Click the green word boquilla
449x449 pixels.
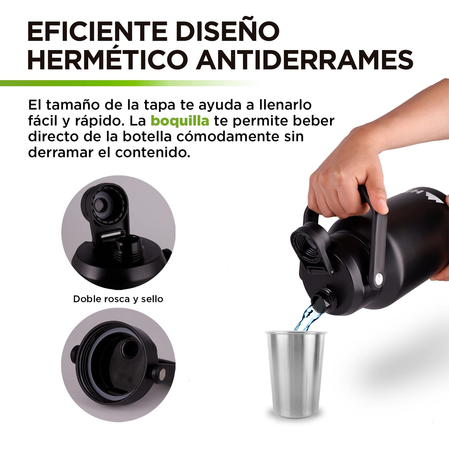180,121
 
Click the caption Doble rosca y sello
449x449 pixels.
118,299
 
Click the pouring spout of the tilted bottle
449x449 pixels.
322,300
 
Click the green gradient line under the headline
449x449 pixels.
131,83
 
